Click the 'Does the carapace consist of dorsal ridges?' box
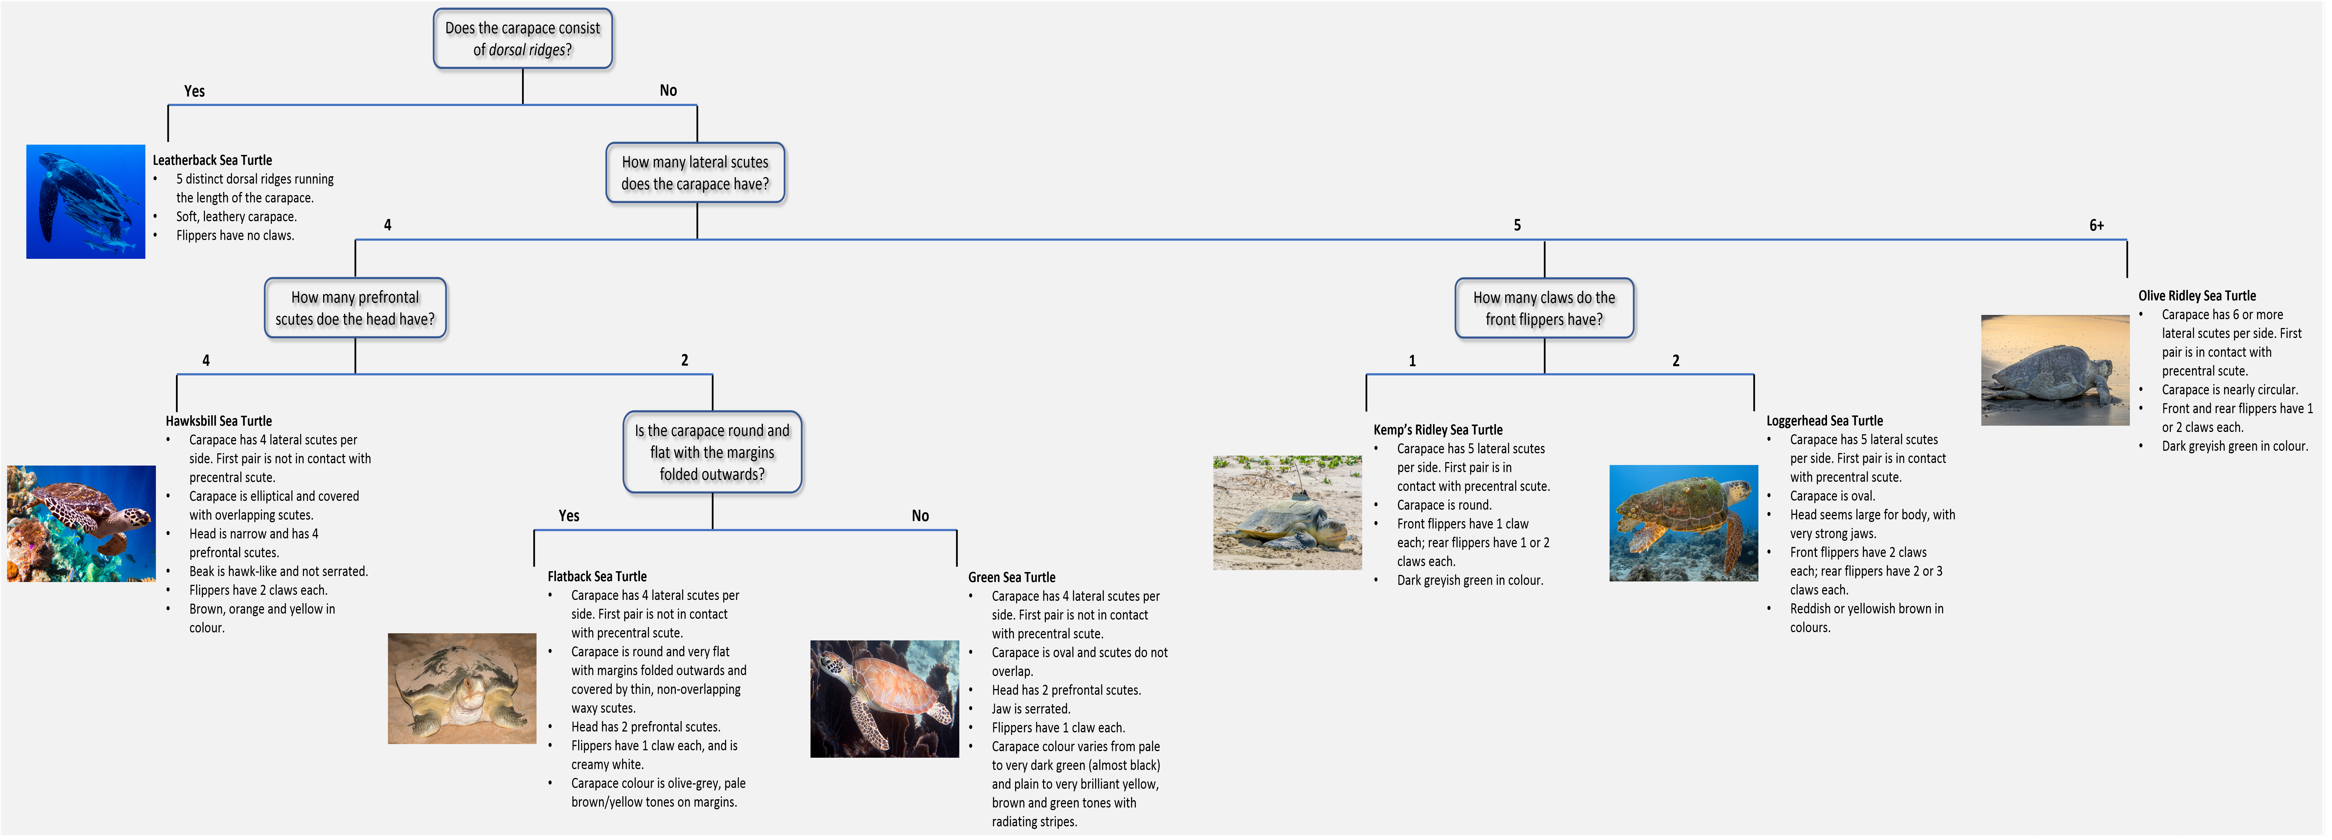pos(522,39)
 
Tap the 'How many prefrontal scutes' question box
pos(355,308)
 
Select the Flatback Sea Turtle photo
pos(462,688)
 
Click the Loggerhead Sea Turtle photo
pos(1683,523)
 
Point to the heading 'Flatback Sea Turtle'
pos(597,577)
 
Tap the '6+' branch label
pos(2097,226)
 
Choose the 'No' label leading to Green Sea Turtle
pos(920,516)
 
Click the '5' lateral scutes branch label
pos(1517,226)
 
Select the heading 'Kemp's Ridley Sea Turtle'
pos(1438,430)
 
